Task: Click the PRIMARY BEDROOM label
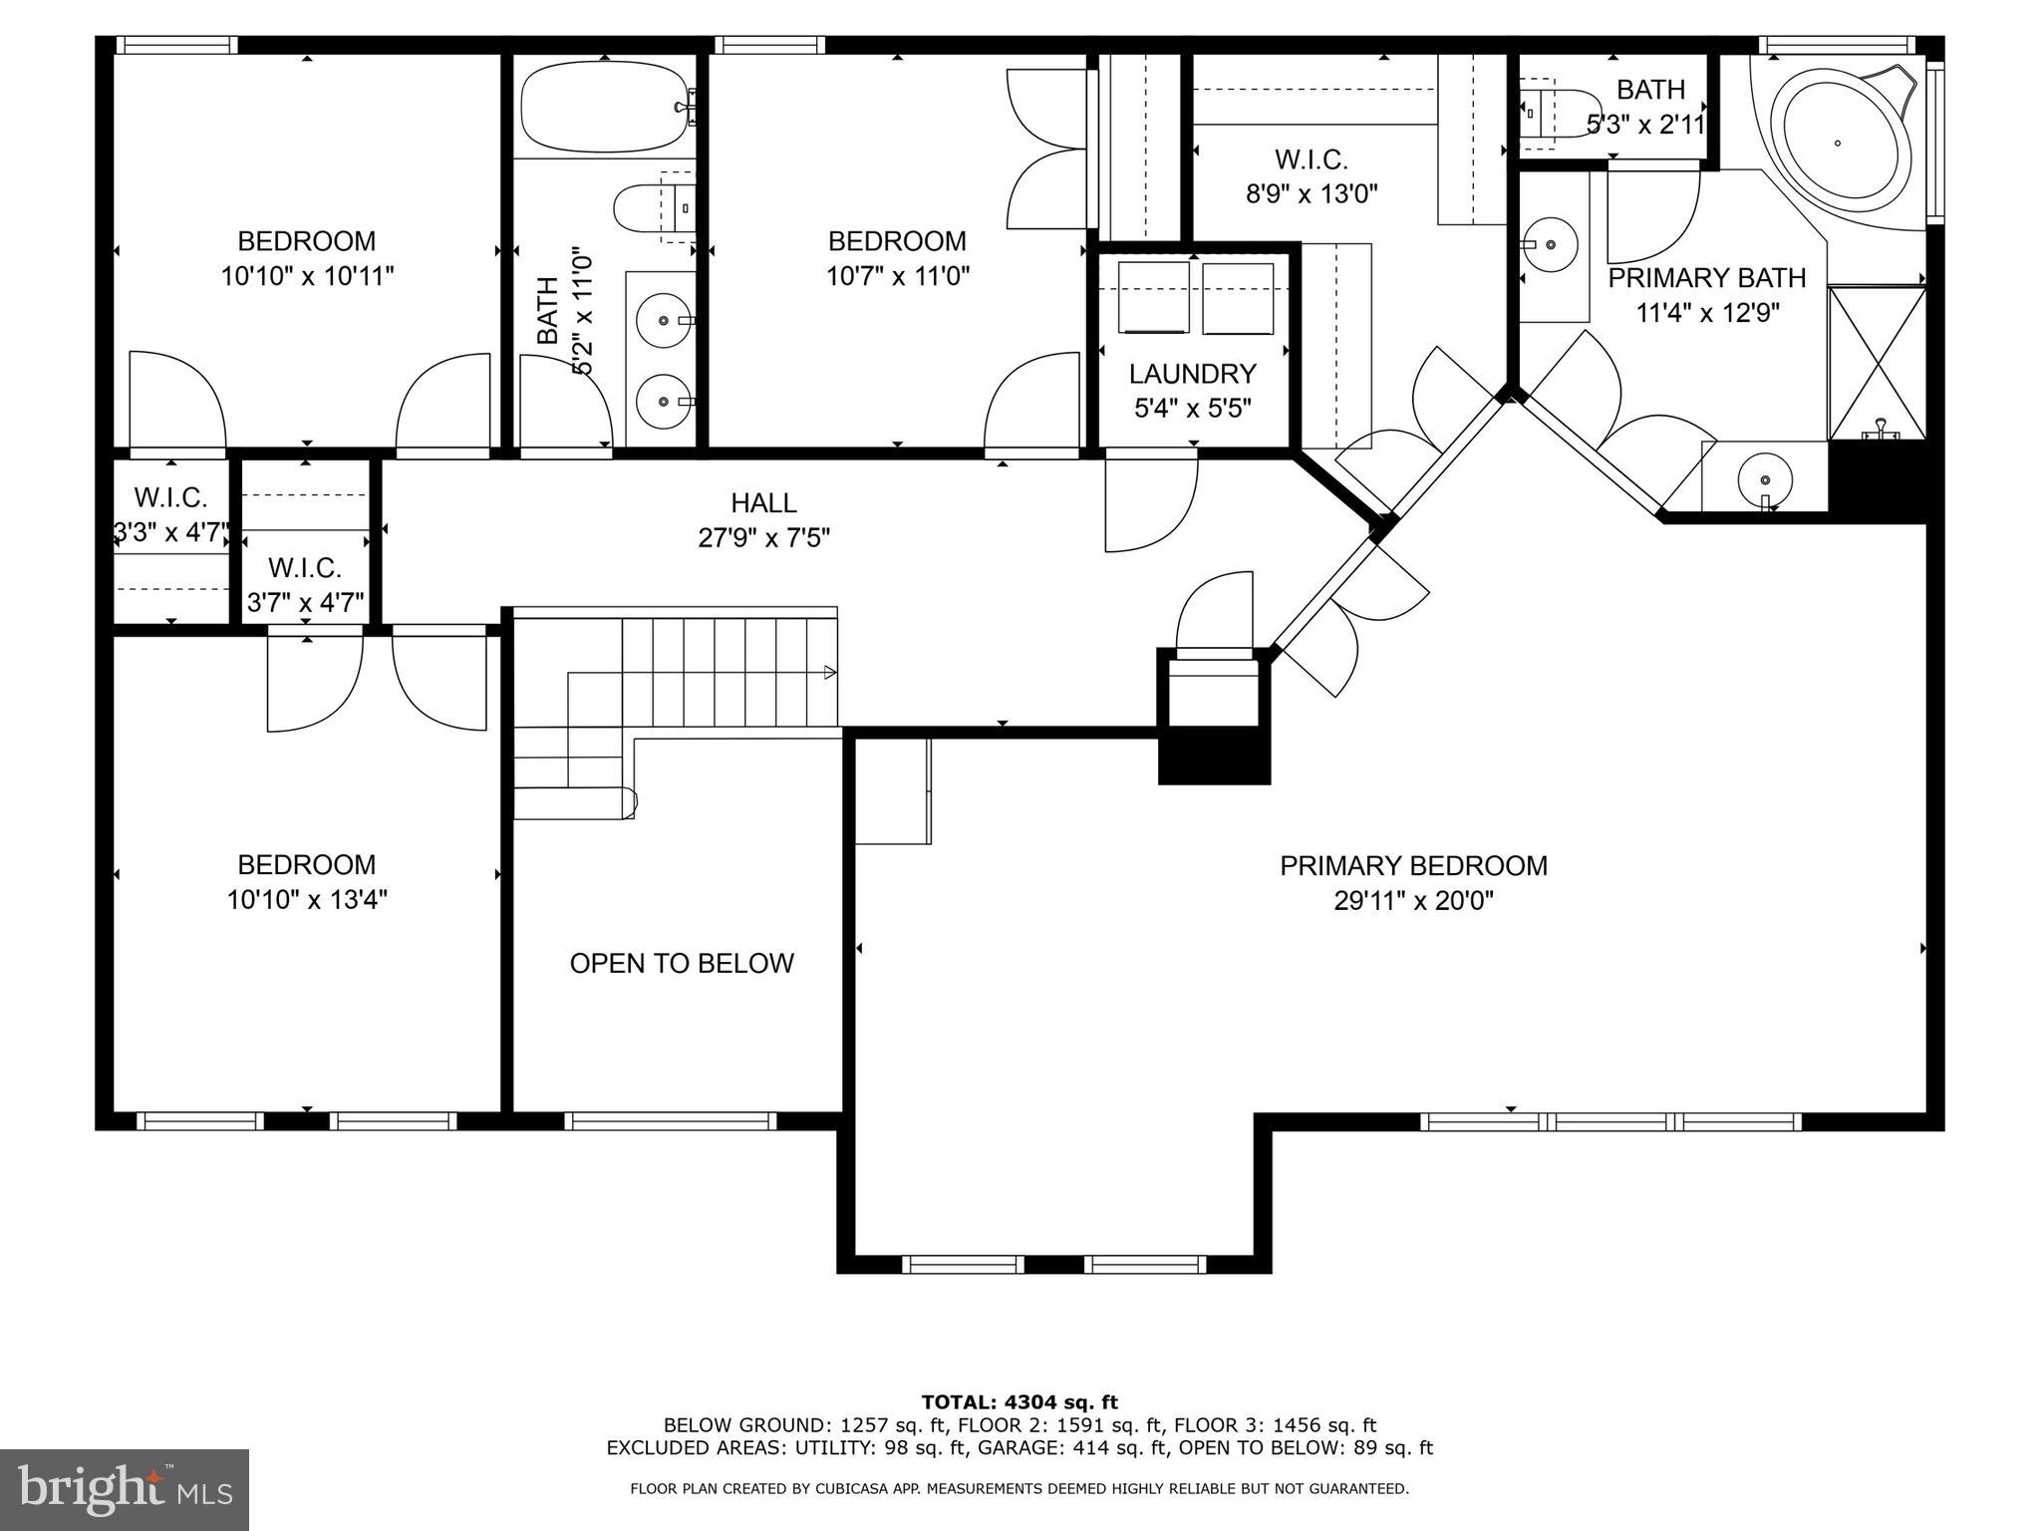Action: (1412, 865)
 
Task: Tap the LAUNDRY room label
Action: (1192, 374)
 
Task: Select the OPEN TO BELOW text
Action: (682, 963)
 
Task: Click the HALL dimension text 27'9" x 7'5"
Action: (763, 538)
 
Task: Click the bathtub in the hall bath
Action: (602, 106)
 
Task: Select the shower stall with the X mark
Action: (1877, 362)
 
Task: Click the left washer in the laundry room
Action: (1153, 298)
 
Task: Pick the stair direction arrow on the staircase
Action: (829, 673)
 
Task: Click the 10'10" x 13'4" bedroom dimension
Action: (307, 900)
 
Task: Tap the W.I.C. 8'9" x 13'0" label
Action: (1311, 176)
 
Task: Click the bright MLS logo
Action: (125, 1489)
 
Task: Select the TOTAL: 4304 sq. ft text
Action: (1020, 1402)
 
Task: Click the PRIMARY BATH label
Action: (1706, 278)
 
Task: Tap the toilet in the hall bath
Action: (653, 207)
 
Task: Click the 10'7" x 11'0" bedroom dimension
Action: (897, 276)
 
